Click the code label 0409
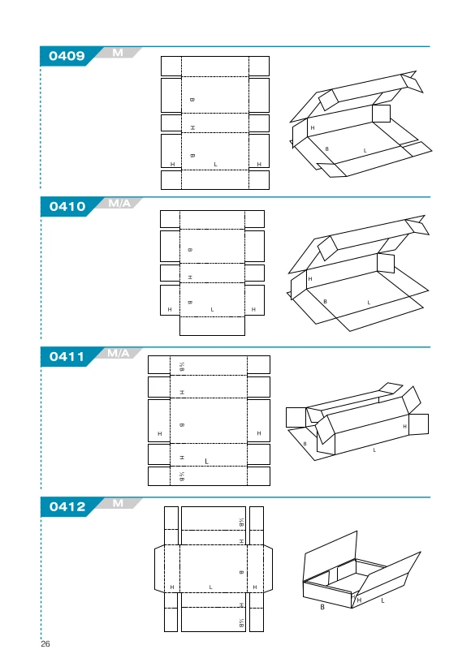pyautogui.click(x=67, y=56)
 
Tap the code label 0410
pyautogui.click(x=67, y=206)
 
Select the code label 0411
pyautogui.click(x=67, y=356)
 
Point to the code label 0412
pyautogui.click(x=67, y=506)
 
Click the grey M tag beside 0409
pyautogui.click(x=118, y=53)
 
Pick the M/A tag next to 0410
pyautogui.click(x=119, y=203)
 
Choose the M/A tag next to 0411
pyautogui.click(x=119, y=353)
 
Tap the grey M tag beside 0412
pyautogui.click(x=119, y=503)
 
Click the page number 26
pyautogui.click(x=45, y=643)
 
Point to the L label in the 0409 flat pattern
pyautogui.click(x=215, y=165)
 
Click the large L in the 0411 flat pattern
pyautogui.click(x=206, y=462)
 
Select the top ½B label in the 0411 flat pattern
pyautogui.click(x=182, y=367)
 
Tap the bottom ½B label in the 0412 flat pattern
pyautogui.click(x=241, y=623)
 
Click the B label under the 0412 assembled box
pyautogui.click(x=322, y=607)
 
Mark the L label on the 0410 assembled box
pyautogui.click(x=369, y=303)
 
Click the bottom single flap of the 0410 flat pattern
pyautogui.click(x=213, y=326)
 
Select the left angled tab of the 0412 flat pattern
pyautogui.click(x=159, y=569)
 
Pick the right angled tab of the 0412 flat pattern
pyautogui.click(x=268, y=569)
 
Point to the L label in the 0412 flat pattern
pyautogui.click(x=210, y=587)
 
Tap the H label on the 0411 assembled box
pyautogui.click(x=404, y=426)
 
